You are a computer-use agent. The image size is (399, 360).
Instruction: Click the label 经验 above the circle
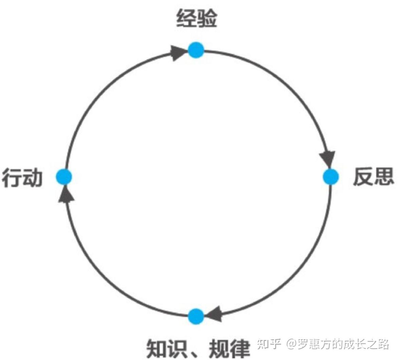196,19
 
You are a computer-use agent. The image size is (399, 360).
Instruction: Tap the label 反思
374,177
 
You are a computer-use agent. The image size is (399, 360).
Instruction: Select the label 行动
22,178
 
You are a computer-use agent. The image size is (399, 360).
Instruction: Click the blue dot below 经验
196,50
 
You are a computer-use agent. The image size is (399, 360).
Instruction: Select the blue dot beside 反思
331,177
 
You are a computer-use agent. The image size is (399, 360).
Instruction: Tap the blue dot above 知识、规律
196,317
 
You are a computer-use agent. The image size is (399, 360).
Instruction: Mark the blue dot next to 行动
64,177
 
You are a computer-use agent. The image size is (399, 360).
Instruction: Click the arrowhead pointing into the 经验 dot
178,54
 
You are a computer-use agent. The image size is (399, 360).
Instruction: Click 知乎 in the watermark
269,344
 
